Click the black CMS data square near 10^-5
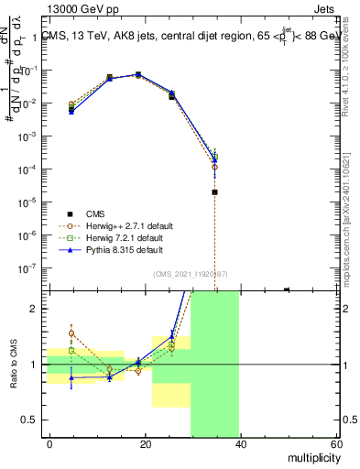click(214, 192)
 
